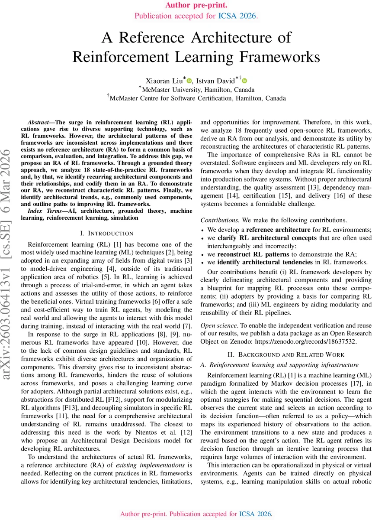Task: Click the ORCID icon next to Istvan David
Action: click(x=244, y=81)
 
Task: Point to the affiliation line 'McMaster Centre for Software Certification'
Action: click(x=197, y=98)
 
